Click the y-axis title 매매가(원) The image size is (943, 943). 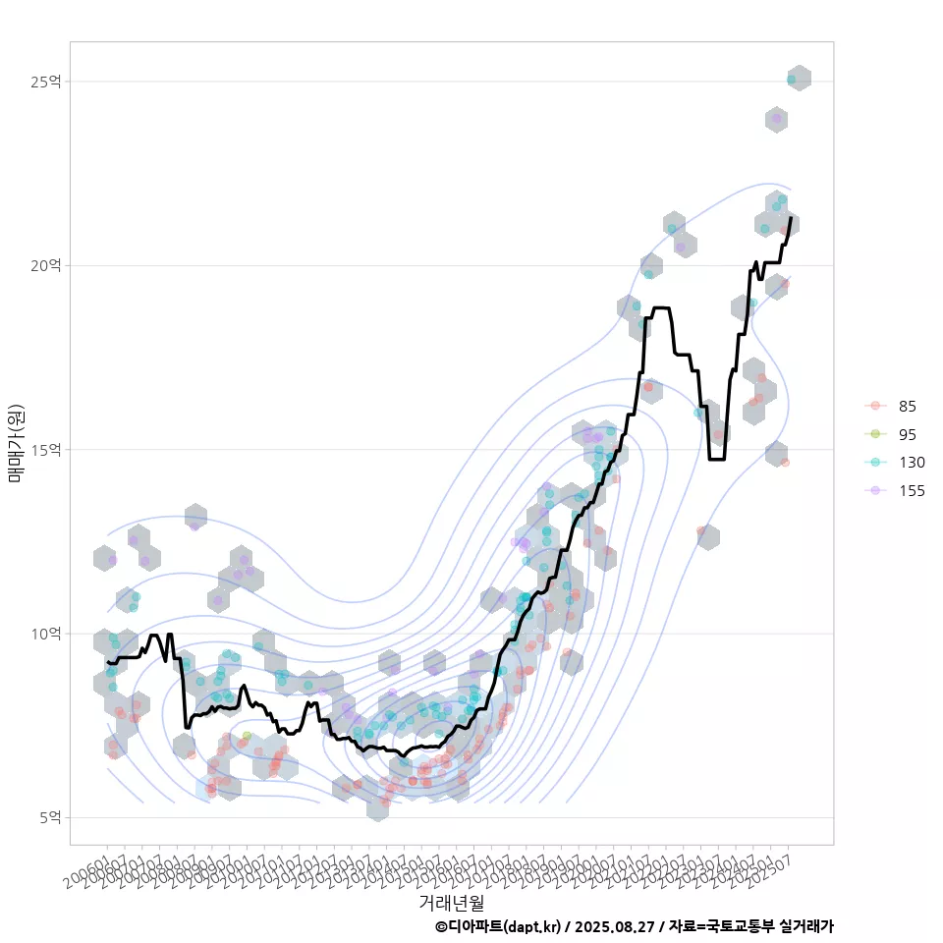tap(15, 443)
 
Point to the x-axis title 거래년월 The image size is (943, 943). tap(451, 902)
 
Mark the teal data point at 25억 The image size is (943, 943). tap(791, 80)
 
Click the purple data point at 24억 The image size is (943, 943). tap(776, 119)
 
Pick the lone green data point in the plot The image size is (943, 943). tap(247, 736)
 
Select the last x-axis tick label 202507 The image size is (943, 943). tap(776, 865)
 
